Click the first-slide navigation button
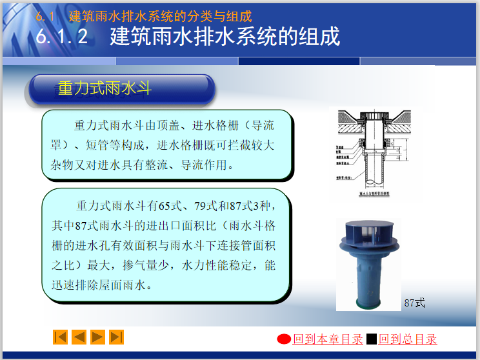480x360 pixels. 60,337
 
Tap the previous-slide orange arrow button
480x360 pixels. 79,337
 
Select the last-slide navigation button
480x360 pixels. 117,337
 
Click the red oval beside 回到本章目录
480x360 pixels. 284,339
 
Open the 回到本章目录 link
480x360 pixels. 328,339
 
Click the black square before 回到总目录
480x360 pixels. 372,339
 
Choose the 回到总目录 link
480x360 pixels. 407,339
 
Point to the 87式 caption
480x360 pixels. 415,302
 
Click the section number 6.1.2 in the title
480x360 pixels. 63,37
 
